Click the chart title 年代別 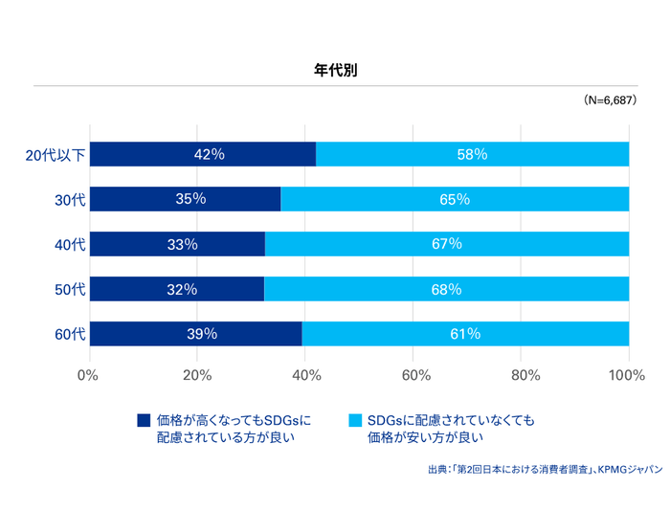[x=335, y=70]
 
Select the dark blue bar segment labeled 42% [x=202, y=154]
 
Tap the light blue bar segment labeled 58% [x=472, y=154]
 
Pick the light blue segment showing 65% [x=455, y=199]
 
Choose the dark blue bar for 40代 [x=177, y=244]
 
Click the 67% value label [x=446, y=244]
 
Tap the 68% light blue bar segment [x=446, y=289]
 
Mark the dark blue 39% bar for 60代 [x=195, y=334]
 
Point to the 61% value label [x=464, y=334]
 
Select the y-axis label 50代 [x=71, y=289]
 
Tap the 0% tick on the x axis [x=88, y=374]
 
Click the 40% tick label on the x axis [x=304, y=374]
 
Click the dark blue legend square [x=145, y=420]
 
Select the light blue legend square [x=355, y=420]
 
